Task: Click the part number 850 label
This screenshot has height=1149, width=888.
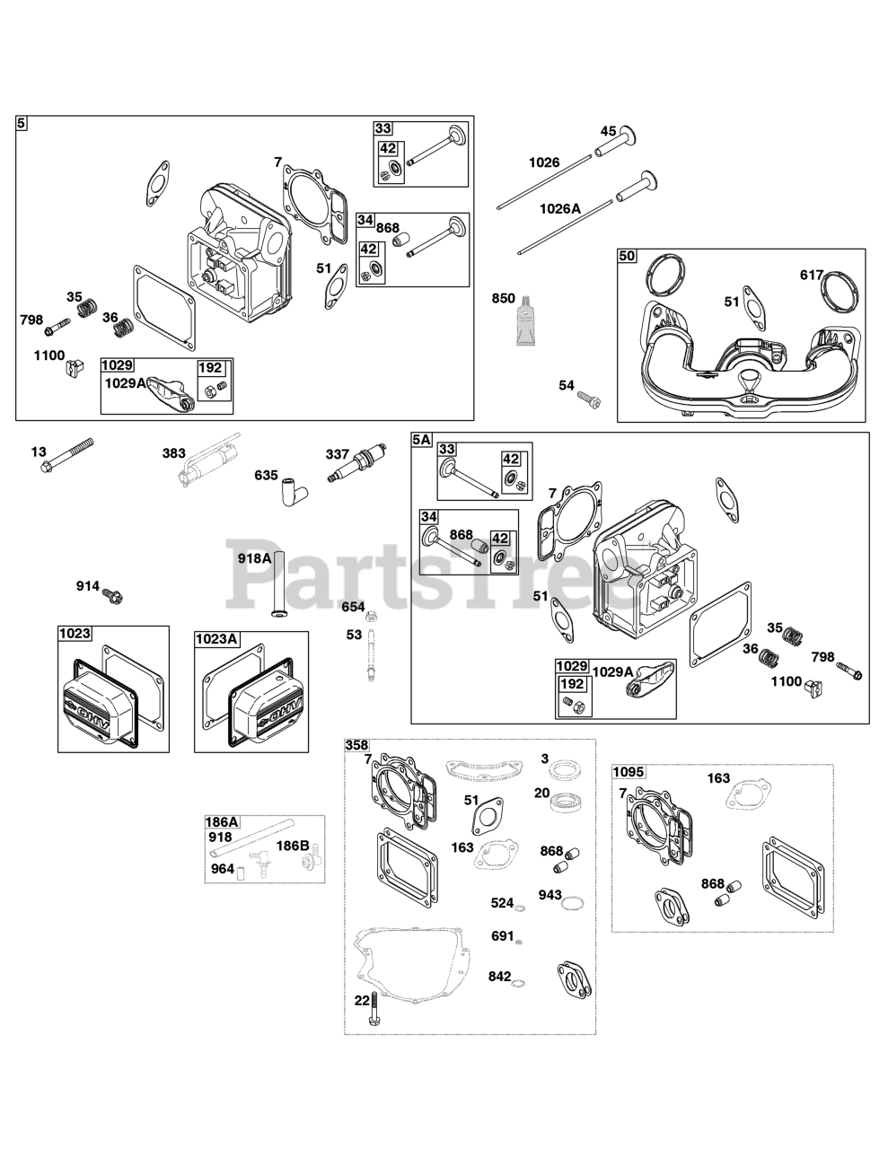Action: point(503,299)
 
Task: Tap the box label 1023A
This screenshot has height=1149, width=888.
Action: point(216,639)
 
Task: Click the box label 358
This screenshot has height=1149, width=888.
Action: point(356,746)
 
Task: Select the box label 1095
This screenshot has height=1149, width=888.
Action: point(628,772)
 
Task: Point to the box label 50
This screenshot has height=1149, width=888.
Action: point(627,257)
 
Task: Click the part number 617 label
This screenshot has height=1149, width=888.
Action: point(812,275)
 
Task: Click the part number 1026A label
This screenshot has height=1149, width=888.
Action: point(559,208)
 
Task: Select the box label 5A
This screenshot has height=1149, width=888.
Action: point(422,440)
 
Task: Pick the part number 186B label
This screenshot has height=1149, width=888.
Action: point(292,846)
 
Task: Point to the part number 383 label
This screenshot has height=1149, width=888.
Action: point(174,454)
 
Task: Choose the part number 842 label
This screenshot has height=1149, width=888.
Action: point(499,977)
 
